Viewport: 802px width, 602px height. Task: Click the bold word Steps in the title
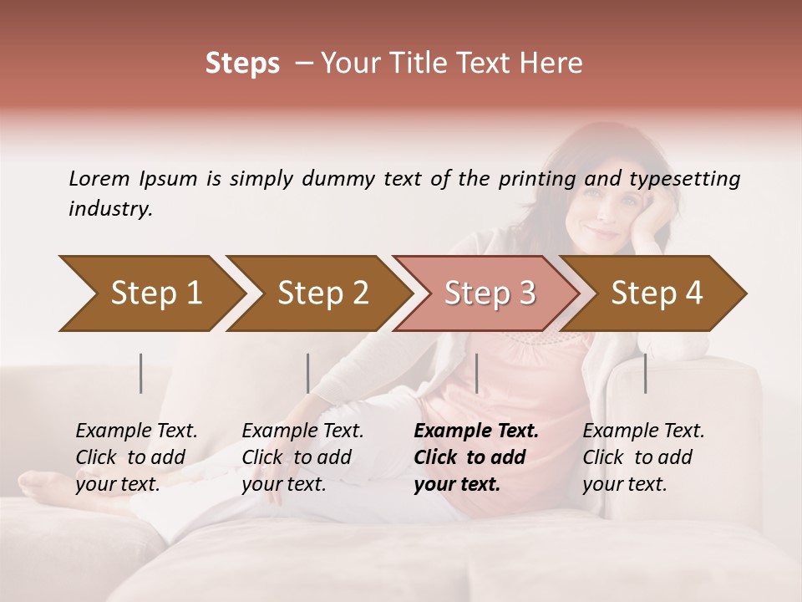[242, 64]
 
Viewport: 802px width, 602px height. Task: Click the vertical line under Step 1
[141, 373]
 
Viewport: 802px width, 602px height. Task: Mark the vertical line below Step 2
[308, 373]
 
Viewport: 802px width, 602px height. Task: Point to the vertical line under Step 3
[476, 373]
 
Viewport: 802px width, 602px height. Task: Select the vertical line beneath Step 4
[645, 373]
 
